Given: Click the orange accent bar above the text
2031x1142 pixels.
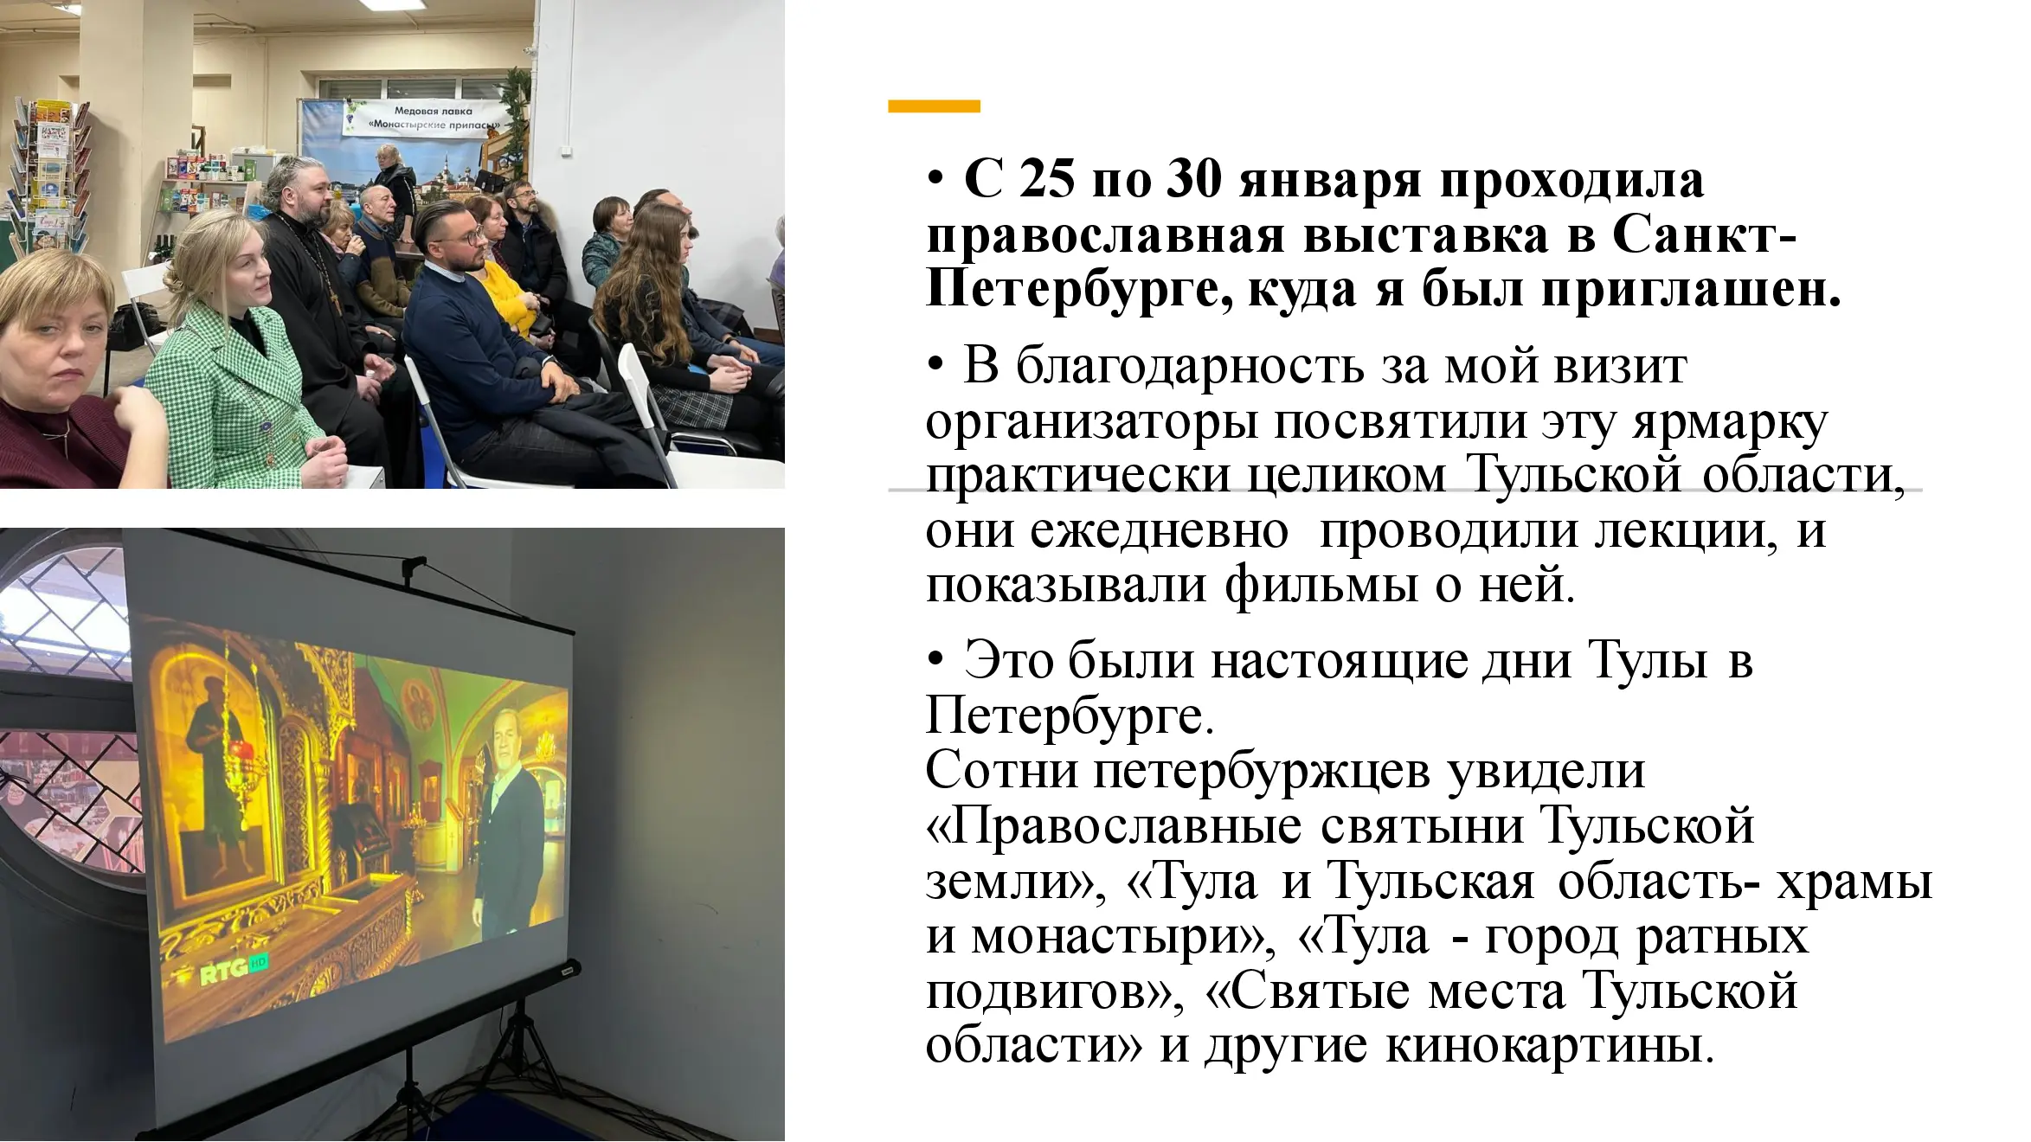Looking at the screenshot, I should [x=934, y=106].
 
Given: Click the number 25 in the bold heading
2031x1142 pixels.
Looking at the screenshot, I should [x=1046, y=180].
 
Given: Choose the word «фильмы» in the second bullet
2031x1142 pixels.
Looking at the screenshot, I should [x=1321, y=585].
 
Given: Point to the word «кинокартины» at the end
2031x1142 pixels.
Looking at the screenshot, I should [x=1549, y=1045].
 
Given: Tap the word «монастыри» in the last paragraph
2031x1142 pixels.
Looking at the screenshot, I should [x=1122, y=936].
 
